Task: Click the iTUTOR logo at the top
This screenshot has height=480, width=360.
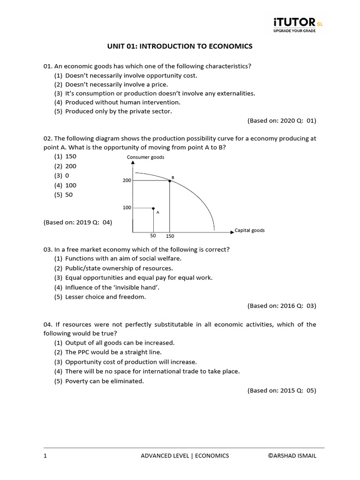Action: click(298, 24)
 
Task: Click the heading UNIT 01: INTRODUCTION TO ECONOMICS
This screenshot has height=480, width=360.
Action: click(180, 46)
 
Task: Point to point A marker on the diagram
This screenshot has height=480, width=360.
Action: click(153, 208)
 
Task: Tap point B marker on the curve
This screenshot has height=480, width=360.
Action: click(169, 180)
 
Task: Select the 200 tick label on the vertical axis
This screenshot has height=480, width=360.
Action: click(127, 180)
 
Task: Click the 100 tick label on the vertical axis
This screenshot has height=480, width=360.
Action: click(127, 208)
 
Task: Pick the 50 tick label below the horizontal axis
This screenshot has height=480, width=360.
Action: click(153, 236)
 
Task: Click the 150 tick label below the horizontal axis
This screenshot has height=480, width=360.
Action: click(170, 236)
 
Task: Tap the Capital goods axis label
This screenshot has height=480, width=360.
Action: click(249, 231)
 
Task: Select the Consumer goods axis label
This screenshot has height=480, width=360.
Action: click(145, 157)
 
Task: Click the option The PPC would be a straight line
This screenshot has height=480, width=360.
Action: click(113, 352)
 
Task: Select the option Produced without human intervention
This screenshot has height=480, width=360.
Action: click(122, 102)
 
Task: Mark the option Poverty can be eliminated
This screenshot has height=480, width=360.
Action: click(104, 381)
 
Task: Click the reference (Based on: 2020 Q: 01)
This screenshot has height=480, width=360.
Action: click(282, 120)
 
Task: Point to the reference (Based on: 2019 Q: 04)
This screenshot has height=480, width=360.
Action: click(78, 222)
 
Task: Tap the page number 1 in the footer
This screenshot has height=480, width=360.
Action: click(45, 456)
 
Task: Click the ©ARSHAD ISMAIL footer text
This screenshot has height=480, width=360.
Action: click(292, 456)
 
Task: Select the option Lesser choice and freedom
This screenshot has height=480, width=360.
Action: click(106, 297)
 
